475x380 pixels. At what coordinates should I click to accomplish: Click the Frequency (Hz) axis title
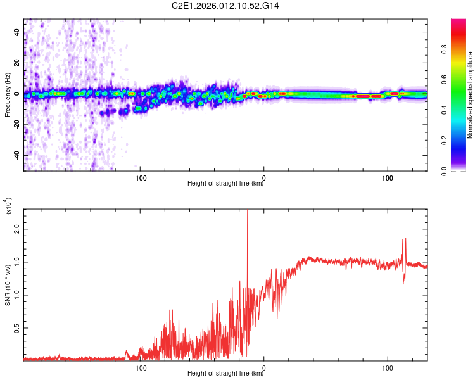pos(8,94)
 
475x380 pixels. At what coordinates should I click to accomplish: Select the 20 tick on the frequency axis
pos(16,63)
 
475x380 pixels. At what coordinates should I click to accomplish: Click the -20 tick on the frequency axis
pos(15,125)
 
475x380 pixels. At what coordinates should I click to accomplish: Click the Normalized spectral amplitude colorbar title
pos(471,95)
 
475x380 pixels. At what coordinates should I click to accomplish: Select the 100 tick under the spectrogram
pos(387,178)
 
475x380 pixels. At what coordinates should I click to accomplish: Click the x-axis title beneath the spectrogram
pos(225,184)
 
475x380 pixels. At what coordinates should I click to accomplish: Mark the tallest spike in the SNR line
pos(247,212)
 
